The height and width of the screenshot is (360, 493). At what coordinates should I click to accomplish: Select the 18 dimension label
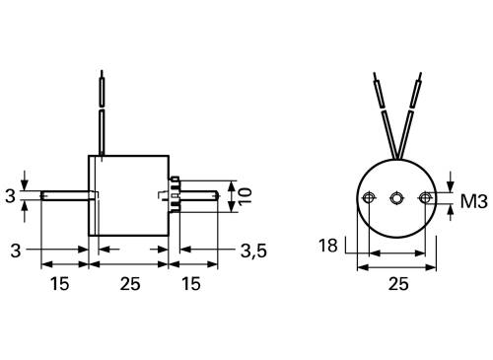click(x=328, y=245)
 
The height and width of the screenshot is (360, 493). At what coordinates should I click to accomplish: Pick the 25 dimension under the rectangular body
click(x=130, y=284)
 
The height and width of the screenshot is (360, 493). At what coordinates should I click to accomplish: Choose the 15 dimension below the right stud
click(x=193, y=284)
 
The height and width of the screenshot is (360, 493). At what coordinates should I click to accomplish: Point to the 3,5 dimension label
click(x=253, y=252)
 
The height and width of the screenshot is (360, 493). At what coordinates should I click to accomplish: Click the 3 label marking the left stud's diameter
click(x=10, y=196)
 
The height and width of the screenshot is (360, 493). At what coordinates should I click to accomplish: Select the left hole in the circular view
click(x=369, y=197)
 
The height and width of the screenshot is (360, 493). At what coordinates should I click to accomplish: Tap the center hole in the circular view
click(x=396, y=197)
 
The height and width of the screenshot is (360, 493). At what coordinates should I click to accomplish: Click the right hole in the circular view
click(x=425, y=197)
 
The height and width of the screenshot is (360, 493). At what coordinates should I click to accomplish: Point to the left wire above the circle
click(x=384, y=113)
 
